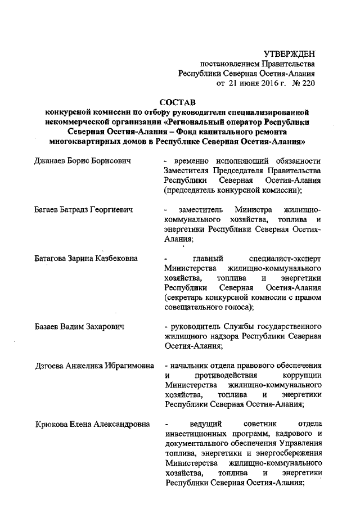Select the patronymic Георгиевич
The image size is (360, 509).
point(108,209)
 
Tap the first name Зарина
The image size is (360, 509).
point(84,258)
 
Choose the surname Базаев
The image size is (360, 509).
point(49,327)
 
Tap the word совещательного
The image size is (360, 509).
point(194,307)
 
